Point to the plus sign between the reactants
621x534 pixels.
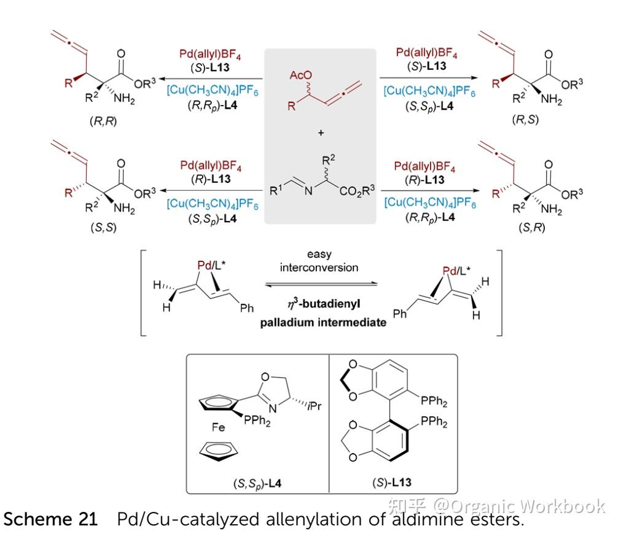tap(320, 132)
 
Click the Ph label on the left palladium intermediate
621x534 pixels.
tap(246, 308)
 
